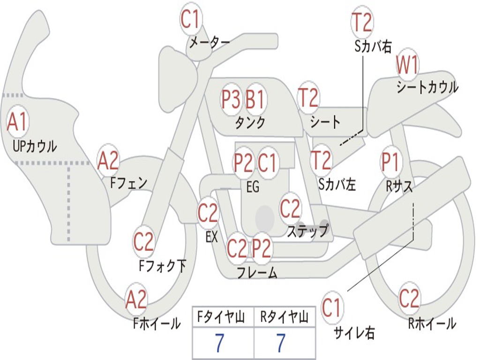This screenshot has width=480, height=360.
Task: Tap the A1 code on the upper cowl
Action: point(18,122)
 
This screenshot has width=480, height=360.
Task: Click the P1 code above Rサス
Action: point(390,162)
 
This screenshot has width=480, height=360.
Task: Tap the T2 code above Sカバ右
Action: point(362,22)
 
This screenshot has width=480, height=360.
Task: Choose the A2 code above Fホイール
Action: point(136,300)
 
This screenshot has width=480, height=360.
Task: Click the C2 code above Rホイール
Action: point(409,298)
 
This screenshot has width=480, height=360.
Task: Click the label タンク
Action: point(250,123)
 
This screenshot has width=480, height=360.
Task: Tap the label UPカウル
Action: point(35,146)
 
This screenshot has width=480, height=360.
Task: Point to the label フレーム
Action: point(257,273)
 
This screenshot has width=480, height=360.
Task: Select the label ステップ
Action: point(307,231)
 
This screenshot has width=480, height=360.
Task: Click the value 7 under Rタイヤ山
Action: point(281,344)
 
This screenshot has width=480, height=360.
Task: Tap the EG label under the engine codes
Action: point(253,187)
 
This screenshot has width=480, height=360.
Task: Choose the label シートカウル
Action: point(427,88)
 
